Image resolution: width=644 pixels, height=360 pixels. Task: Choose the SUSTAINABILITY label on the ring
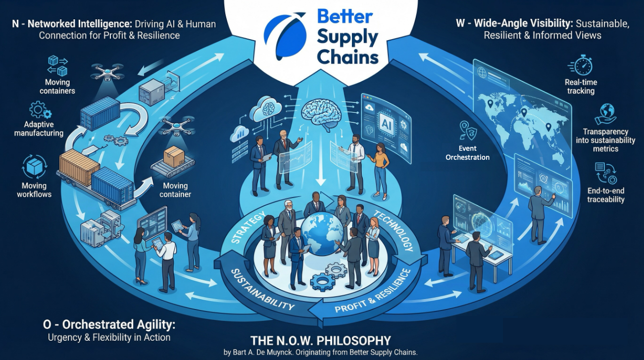[262, 290]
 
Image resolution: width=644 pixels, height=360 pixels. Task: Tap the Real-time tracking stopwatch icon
[581, 65]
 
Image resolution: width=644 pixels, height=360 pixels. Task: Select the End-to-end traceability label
[605, 195]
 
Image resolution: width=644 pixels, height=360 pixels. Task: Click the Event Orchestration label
[467, 153]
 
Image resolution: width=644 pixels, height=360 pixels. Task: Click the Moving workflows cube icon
[35, 167]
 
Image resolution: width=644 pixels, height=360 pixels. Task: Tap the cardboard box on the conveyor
[174, 156]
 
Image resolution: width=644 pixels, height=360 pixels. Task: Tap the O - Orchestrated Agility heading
[109, 325]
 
